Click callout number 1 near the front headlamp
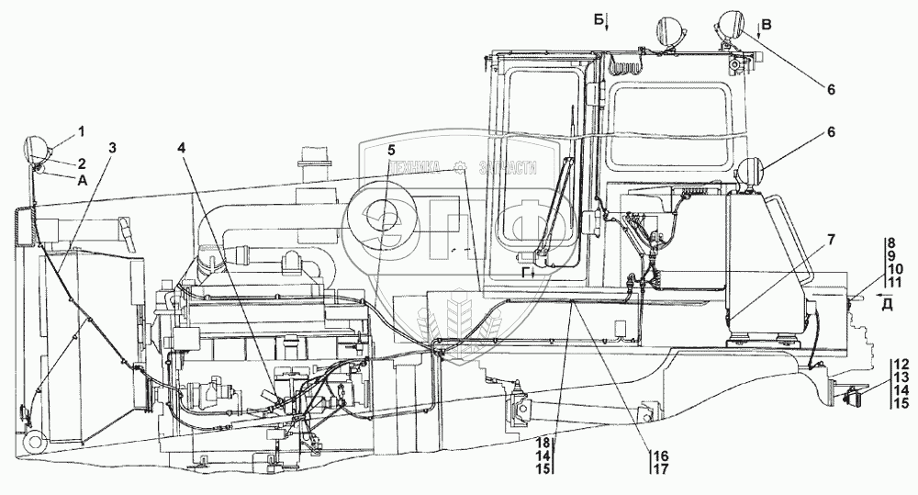click(80, 129)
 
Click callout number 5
click(391, 150)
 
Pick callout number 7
click(830, 241)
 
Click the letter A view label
click(83, 180)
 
